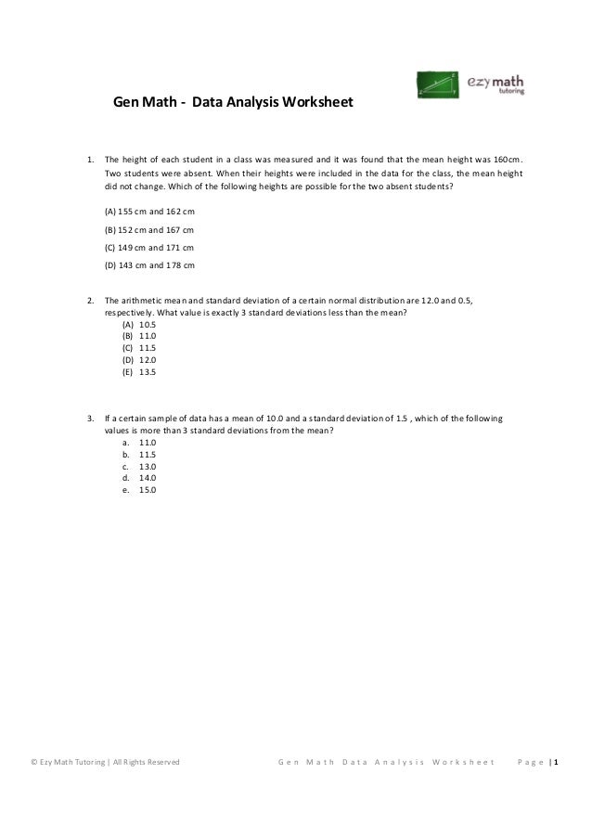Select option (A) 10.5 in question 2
139,325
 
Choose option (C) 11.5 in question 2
139,348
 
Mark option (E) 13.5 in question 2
139,371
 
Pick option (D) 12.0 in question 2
139,360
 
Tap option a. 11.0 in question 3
138,444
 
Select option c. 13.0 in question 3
138,467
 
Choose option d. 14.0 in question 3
138,478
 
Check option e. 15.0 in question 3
138,490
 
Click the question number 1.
89,158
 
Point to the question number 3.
89,419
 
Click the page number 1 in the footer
556,763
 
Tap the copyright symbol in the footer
33,763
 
